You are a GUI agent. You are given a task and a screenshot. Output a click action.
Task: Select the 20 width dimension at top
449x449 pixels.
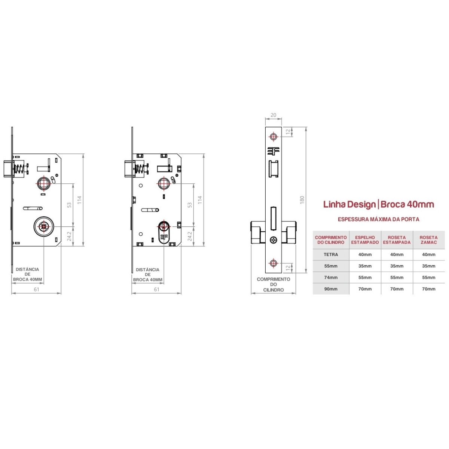click(273, 115)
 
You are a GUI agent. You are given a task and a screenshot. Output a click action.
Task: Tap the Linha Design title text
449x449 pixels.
click(349, 204)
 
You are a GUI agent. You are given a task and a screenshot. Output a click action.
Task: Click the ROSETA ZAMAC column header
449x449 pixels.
click(428, 240)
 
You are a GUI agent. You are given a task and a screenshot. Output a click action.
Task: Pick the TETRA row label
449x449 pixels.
click(331, 254)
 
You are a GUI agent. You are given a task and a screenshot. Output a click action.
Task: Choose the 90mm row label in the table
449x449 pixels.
click(331, 289)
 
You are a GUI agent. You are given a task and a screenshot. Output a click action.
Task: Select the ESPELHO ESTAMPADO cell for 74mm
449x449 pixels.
click(365, 278)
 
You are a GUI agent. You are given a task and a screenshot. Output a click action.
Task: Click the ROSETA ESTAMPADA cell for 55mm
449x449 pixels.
click(397, 266)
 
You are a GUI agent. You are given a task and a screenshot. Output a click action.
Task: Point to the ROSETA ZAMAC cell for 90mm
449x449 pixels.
click(428, 289)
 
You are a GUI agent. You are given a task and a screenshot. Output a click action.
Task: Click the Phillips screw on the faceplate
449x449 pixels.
click(273, 240)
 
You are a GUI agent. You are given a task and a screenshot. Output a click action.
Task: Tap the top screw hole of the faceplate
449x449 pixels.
click(273, 136)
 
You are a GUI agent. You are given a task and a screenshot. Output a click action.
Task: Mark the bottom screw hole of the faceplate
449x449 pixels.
click(273, 263)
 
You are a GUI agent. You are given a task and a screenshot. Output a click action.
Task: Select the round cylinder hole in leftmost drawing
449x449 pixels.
click(43, 226)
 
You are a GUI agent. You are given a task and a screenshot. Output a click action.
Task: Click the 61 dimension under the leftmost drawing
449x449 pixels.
click(37, 289)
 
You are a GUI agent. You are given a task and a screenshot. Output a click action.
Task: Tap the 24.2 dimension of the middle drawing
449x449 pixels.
click(190, 236)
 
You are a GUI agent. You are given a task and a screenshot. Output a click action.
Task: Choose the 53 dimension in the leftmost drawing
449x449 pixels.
click(69, 205)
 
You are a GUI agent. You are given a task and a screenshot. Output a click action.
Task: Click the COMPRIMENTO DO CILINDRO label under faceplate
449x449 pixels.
click(273, 284)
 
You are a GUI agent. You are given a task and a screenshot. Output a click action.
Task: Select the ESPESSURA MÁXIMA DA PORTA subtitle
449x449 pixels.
click(378, 219)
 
